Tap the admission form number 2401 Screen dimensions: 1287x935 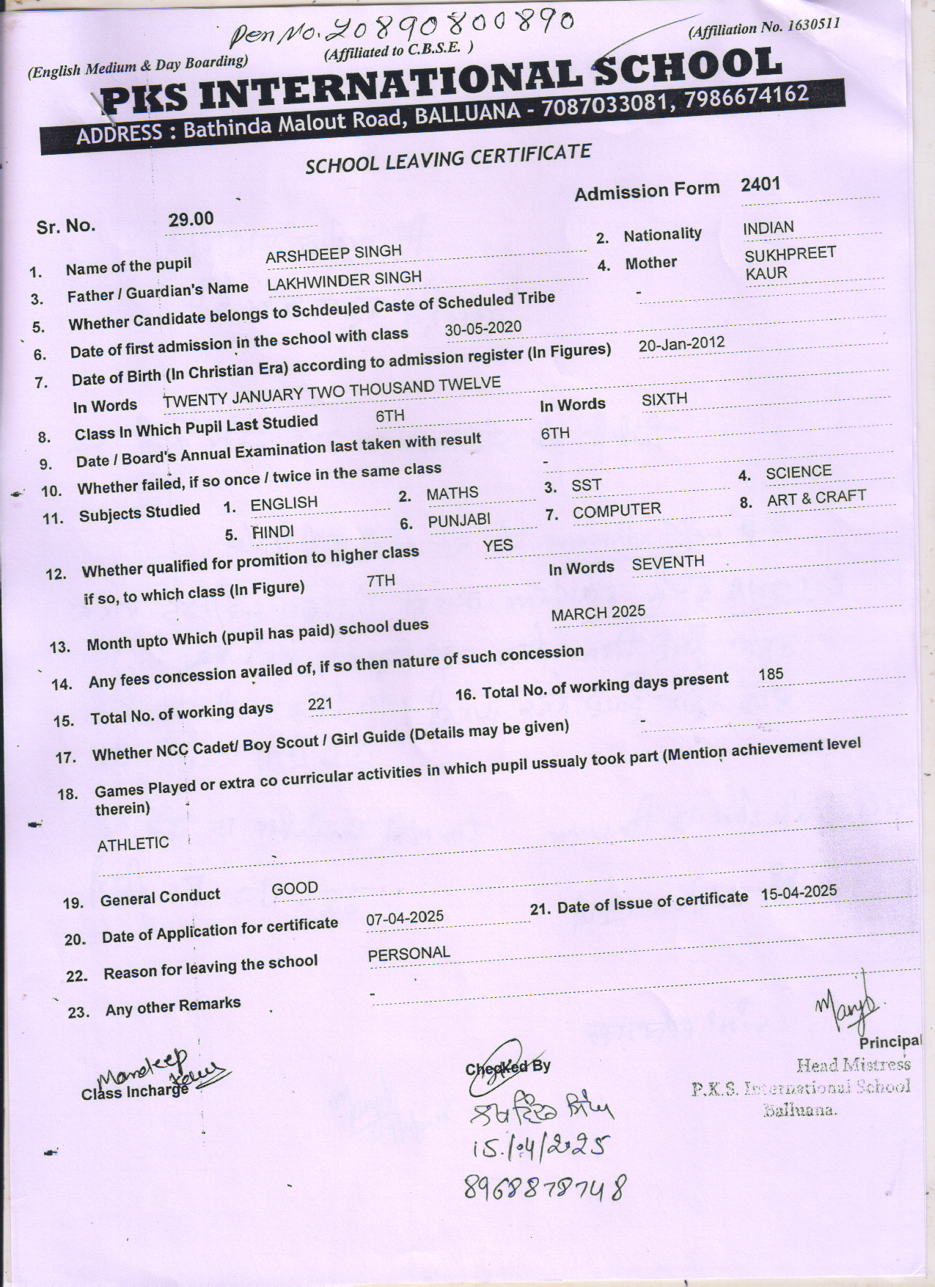tap(760, 183)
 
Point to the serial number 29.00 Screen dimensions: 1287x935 tap(191, 219)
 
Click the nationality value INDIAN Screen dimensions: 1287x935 tap(768, 228)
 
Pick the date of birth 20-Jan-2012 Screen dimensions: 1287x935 tap(681, 343)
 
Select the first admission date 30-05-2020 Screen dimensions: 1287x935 tap(483, 328)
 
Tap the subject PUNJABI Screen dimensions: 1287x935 tap(459, 521)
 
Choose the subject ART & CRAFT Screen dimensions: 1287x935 tap(816, 498)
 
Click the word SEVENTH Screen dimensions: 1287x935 tap(667, 563)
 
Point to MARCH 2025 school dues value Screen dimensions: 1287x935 tap(598, 612)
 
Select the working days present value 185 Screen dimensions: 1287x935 tap(771, 674)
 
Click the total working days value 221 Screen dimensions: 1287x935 tap(320, 704)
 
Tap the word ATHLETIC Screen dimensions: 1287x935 tap(133, 844)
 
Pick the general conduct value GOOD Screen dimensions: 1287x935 tap(295, 889)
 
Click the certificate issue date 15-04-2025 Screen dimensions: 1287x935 tap(798, 892)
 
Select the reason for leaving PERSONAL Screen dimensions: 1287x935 tap(408, 953)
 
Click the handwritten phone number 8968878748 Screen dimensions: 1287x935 tap(546, 1186)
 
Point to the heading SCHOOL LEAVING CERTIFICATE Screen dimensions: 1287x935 tap(448, 158)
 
